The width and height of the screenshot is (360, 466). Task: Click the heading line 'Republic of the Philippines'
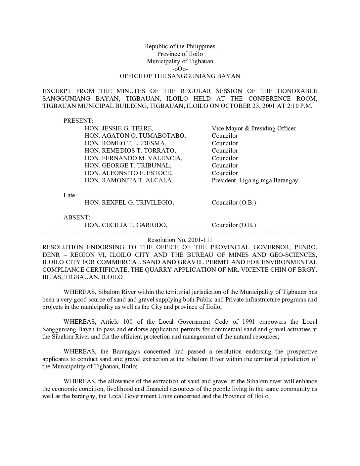pyautogui.click(x=180, y=46)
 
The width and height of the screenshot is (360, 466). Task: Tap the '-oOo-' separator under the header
pyautogui.click(x=180, y=69)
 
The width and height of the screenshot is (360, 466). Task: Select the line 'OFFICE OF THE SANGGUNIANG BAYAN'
pyautogui.click(x=180, y=76)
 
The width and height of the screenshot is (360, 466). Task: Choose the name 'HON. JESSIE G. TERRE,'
pyautogui.click(x=119, y=128)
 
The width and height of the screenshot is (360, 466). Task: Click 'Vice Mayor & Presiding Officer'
pyautogui.click(x=253, y=128)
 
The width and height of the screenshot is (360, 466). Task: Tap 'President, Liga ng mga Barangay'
pyautogui.click(x=255, y=180)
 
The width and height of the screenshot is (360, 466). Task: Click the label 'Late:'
pyautogui.click(x=70, y=195)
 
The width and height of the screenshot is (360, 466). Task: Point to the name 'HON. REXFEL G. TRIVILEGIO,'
pyautogui.click(x=129, y=203)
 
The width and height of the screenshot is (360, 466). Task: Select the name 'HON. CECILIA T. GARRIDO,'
pyautogui.click(x=126, y=225)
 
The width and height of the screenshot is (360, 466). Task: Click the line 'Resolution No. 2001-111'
pyautogui.click(x=180, y=240)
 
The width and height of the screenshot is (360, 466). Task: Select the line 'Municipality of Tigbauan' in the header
pyautogui.click(x=180, y=61)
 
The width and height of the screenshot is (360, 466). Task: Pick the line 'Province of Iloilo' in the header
pyautogui.click(x=180, y=54)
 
